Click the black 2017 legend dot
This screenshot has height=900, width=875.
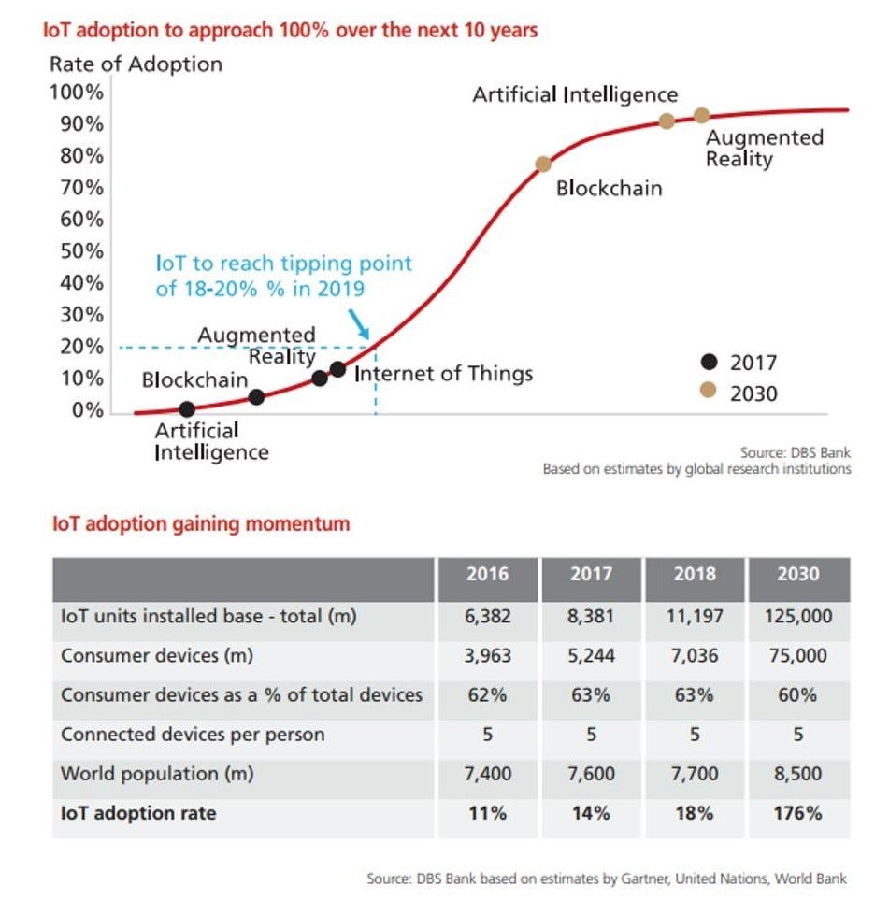click(709, 363)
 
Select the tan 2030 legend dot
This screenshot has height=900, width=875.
click(709, 393)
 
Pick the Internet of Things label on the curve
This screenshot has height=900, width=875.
click(443, 374)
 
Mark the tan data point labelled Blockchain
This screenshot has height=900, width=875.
click(543, 164)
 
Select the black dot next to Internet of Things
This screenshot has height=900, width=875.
click(337, 369)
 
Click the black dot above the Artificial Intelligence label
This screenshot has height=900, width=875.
click(187, 408)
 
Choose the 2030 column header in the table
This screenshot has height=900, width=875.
click(798, 573)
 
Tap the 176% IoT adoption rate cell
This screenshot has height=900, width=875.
click(798, 813)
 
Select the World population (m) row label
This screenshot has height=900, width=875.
click(157, 774)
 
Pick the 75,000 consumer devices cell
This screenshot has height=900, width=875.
click(798, 655)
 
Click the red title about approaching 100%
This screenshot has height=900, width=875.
click(290, 30)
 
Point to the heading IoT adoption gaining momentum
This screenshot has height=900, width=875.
click(201, 523)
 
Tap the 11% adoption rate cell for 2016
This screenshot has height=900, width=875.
click(488, 813)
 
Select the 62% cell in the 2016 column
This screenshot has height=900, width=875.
click(488, 694)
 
